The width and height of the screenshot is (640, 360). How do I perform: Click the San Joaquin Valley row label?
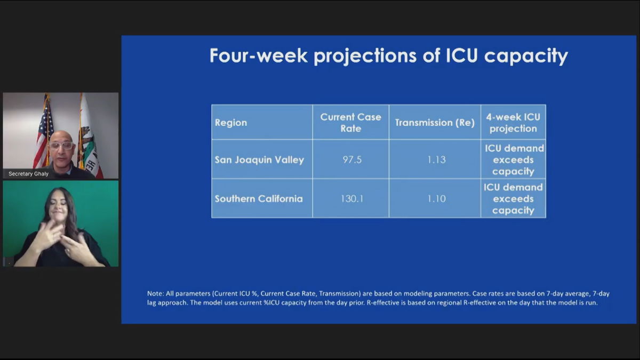pos(259,159)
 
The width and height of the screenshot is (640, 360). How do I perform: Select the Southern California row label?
pos(259,198)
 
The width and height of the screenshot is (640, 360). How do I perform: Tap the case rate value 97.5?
pos(352,159)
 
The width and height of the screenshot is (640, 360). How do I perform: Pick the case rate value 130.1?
pos(352,198)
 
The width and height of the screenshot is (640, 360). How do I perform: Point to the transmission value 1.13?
pos(436,159)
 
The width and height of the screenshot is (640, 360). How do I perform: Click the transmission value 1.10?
pos(436,198)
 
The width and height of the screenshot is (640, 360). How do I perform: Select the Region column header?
pos(231,123)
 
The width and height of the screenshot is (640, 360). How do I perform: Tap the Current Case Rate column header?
pos(350,123)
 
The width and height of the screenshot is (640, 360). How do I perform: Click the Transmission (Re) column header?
pos(435,123)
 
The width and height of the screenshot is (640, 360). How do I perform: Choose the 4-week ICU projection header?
pos(513,123)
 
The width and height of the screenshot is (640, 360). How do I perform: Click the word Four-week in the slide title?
pos(259,55)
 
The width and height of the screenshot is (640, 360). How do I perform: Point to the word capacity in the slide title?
pos(526,56)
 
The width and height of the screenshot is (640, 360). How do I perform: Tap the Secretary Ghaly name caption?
pos(29,174)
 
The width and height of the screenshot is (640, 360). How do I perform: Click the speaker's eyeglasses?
pos(61,146)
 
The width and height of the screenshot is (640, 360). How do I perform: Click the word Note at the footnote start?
pos(155,293)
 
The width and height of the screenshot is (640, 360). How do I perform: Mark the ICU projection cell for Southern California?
pos(513,198)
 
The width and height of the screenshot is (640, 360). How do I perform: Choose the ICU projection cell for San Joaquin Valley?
pos(513,159)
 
